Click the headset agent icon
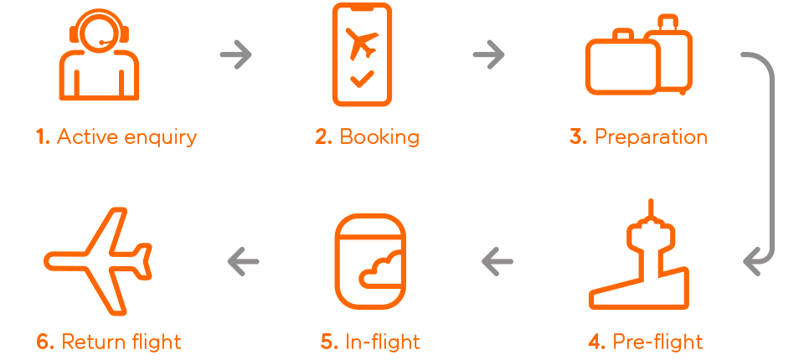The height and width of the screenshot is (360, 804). [100, 77]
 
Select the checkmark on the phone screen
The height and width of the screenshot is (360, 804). [362, 79]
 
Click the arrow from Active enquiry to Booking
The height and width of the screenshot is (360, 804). [236, 54]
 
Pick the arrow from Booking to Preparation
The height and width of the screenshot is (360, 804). [488, 54]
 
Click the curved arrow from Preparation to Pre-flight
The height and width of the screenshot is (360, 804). [770, 154]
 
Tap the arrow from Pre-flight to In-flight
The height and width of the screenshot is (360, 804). [497, 261]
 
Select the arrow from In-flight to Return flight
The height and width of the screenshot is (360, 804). [243, 261]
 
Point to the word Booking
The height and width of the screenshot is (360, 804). [379, 137]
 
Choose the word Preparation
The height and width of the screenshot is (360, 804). [652, 137]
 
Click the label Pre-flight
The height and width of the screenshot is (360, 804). [658, 342]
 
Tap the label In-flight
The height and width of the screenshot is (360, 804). [383, 342]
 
